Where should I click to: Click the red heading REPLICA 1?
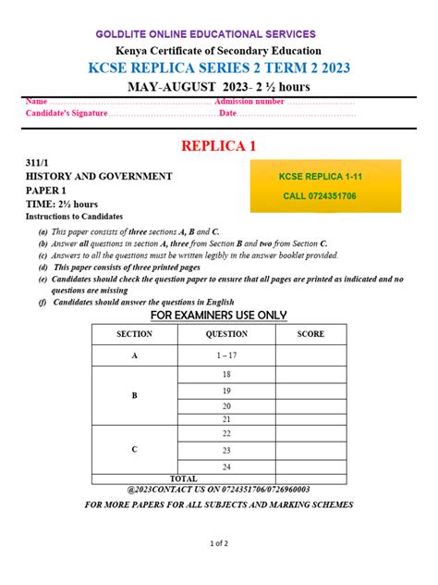pos(218,146)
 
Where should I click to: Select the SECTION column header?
pos(134,334)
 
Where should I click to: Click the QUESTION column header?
pos(226,334)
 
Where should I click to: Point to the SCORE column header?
pos(310,334)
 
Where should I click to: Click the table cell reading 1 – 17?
pos(226,355)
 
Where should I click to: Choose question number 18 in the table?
pos(226,374)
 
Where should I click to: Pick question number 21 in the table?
pos(226,419)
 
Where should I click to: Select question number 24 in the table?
pos(226,466)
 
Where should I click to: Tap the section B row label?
pos(134,396)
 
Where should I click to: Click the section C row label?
pos(134,450)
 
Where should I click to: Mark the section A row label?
pos(134,355)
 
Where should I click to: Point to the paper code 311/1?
pos(36,162)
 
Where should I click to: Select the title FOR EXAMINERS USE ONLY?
pos(219,315)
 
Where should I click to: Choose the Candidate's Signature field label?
pos(67,114)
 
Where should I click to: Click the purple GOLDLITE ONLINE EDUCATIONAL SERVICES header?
pos(218,34)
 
